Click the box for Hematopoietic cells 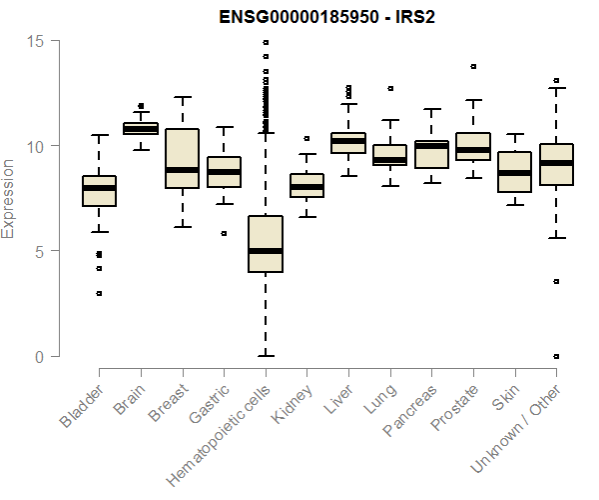click(266, 244)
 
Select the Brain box click(140, 128)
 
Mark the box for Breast click(182, 158)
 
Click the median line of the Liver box click(348, 141)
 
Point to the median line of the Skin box click(514, 173)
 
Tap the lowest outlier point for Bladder click(99, 293)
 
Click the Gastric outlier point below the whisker click(224, 233)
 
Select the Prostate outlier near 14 click(473, 67)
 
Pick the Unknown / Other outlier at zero click(556, 356)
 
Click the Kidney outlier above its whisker click(306, 138)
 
